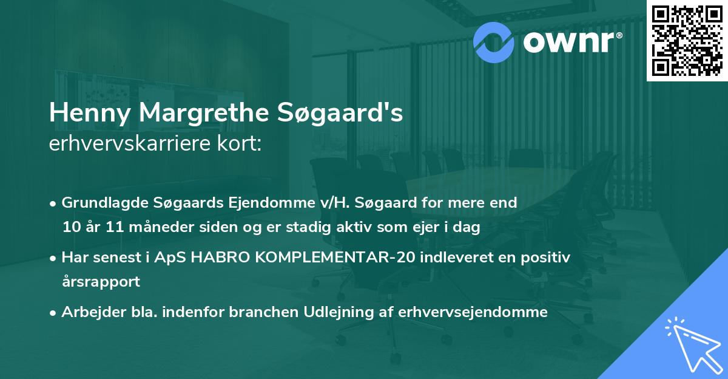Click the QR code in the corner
click(687, 40)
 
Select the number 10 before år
click(71, 228)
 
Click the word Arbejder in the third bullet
click(89, 312)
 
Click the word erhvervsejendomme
click(473, 312)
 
